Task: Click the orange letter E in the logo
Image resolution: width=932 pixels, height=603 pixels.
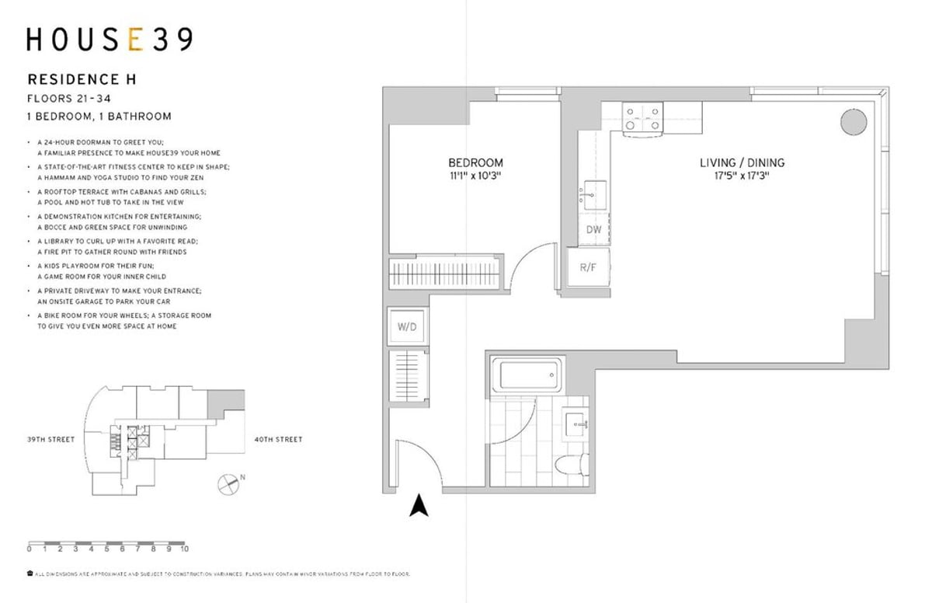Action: [134, 40]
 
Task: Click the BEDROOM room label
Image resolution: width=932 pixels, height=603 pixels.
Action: [475, 163]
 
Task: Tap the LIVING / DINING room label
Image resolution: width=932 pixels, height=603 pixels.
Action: [742, 163]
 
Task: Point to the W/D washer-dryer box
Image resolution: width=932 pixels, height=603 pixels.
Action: [407, 327]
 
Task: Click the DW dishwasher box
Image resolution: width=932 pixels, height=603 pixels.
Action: [593, 230]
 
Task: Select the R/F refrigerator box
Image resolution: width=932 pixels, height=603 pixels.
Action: [587, 268]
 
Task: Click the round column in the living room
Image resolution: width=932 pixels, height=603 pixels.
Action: [852, 121]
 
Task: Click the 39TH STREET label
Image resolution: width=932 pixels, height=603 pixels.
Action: [50, 440]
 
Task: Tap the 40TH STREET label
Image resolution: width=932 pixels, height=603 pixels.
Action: [277, 440]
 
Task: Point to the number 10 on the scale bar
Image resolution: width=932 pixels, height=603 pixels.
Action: [184, 549]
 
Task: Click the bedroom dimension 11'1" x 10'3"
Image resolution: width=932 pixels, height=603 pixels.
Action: [475, 176]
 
